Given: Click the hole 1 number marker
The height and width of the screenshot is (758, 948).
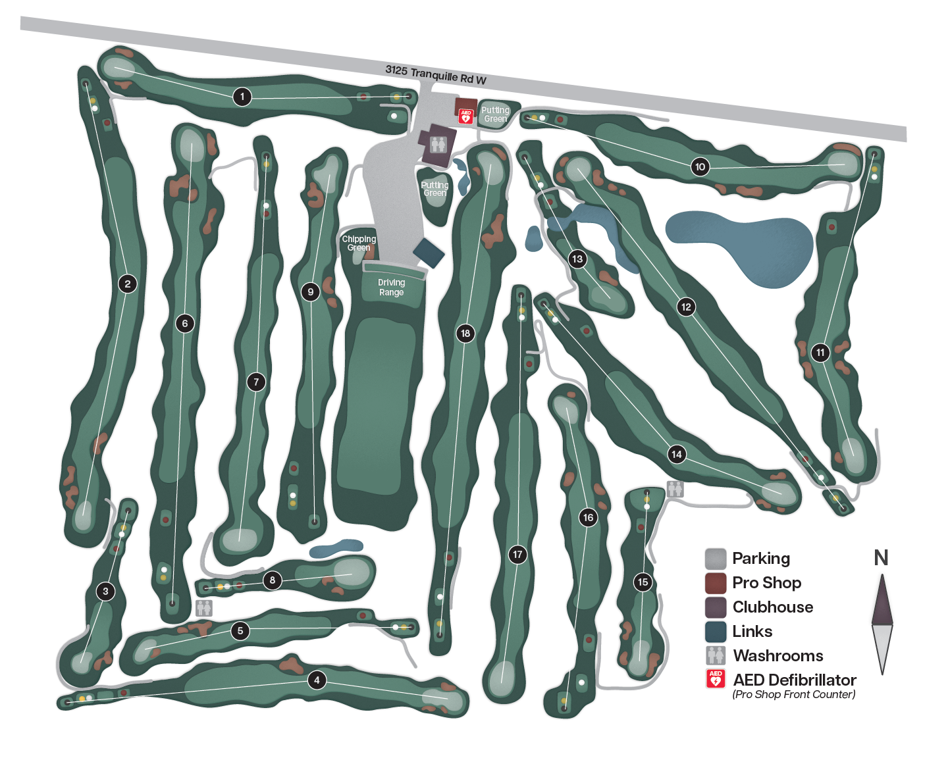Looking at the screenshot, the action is pyautogui.click(x=242, y=97).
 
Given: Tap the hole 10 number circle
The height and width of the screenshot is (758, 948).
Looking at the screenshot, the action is pyautogui.click(x=700, y=167).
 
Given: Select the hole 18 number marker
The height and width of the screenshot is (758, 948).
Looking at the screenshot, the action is pyautogui.click(x=465, y=334).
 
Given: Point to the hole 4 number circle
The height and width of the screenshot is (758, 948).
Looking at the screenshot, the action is pyautogui.click(x=317, y=680).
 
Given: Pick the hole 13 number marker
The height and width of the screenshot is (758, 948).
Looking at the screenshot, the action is pyautogui.click(x=577, y=259).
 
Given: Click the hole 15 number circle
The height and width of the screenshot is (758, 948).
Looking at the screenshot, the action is pyautogui.click(x=643, y=582).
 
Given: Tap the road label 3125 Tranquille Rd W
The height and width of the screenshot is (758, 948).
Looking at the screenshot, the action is pyautogui.click(x=436, y=75).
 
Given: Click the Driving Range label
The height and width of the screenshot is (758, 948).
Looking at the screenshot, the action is pyautogui.click(x=391, y=287).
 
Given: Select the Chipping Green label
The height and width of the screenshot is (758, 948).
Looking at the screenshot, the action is pyautogui.click(x=359, y=243).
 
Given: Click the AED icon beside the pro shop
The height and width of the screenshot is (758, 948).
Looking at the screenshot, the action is pyautogui.click(x=465, y=116).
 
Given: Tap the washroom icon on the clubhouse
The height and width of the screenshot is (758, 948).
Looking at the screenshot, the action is pyautogui.click(x=438, y=144).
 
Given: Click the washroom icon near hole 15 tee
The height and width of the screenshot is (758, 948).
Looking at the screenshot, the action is pyautogui.click(x=675, y=489).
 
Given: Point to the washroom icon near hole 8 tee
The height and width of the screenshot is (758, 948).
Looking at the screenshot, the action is pyautogui.click(x=204, y=608).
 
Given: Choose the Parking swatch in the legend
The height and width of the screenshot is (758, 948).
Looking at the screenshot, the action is pyautogui.click(x=716, y=559).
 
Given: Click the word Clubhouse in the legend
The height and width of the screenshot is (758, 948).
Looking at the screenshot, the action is pyautogui.click(x=773, y=607).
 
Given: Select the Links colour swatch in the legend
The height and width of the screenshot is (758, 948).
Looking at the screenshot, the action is pyautogui.click(x=716, y=632).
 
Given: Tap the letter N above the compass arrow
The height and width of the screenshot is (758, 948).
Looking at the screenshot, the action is pyautogui.click(x=881, y=558).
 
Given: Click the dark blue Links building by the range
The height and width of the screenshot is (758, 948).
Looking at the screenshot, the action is pyautogui.click(x=429, y=253).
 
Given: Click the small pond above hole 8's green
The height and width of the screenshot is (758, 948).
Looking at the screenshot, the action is pyautogui.click(x=336, y=549).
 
